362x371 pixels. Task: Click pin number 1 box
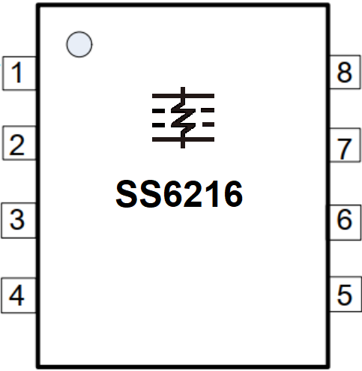click(19, 73)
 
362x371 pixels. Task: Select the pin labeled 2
click(19, 143)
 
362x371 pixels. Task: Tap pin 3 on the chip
click(19, 220)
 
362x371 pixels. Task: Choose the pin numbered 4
click(19, 295)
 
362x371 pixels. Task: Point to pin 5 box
click(345, 294)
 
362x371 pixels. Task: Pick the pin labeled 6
click(344, 222)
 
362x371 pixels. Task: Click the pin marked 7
click(345, 145)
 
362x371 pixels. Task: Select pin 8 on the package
click(345, 72)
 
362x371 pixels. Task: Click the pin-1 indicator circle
click(79, 44)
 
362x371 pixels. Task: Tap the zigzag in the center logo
click(183, 118)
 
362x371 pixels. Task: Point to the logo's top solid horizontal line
click(183, 96)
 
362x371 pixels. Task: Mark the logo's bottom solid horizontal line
click(183, 139)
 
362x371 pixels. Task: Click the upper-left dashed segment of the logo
click(158, 110)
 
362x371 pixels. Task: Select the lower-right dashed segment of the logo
click(208, 124)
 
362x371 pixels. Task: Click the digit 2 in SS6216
click(193, 194)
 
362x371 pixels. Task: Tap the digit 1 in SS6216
click(212, 194)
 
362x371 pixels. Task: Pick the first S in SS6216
click(127, 194)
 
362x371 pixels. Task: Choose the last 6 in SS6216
click(233, 194)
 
